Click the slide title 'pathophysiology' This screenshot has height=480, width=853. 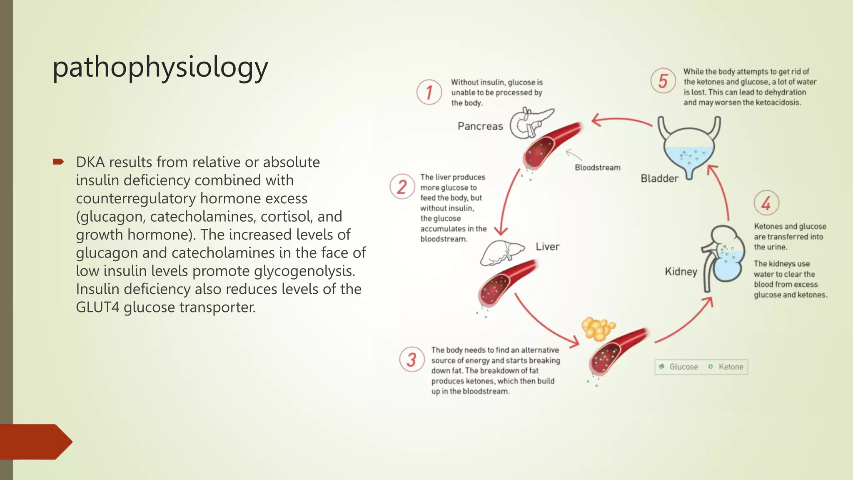[x=160, y=67]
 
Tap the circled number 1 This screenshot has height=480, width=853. [x=429, y=92]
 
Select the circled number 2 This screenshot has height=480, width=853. [x=402, y=186]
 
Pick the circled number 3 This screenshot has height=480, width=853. [x=412, y=359]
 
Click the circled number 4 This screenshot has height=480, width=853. [x=766, y=203]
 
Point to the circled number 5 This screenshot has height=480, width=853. [x=663, y=81]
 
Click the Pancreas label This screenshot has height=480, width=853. [x=480, y=126]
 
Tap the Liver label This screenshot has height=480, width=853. [x=547, y=247]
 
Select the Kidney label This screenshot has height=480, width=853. [x=681, y=272]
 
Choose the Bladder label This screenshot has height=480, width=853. [x=659, y=178]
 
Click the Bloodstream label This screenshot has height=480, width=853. [x=597, y=167]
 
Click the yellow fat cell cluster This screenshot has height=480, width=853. [x=598, y=328]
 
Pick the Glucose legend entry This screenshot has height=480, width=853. [x=679, y=367]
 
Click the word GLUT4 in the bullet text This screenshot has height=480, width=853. [x=97, y=307]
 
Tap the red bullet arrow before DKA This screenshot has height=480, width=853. [x=58, y=162]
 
